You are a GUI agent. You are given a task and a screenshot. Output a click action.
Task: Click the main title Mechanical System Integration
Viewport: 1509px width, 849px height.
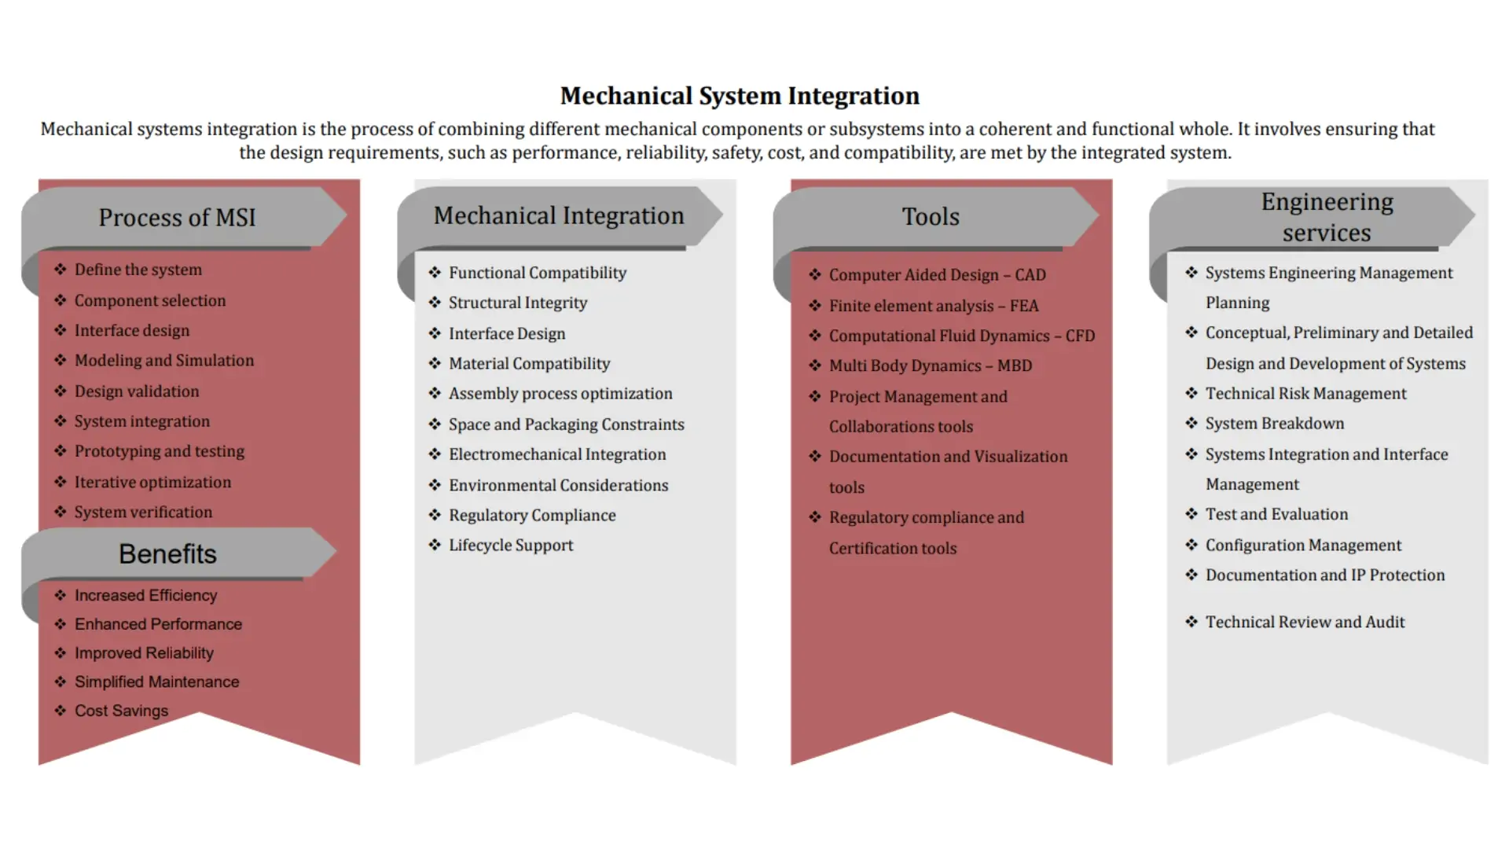(739, 96)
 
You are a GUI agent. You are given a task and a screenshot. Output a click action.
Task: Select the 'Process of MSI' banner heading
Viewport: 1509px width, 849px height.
(177, 218)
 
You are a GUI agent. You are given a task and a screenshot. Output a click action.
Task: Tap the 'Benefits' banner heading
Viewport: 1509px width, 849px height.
(167, 554)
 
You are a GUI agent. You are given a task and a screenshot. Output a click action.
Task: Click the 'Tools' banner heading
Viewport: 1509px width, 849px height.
(931, 217)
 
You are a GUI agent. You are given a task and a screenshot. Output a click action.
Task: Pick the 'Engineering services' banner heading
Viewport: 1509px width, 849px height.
(1327, 217)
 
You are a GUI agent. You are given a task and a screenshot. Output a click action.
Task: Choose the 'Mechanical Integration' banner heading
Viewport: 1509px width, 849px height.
(559, 216)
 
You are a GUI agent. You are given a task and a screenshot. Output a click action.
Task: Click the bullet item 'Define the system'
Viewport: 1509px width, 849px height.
(138, 270)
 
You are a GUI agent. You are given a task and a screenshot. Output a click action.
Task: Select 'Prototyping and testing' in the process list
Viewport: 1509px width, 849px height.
(159, 451)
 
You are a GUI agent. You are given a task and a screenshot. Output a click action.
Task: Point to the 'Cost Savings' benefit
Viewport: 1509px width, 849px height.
(121, 711)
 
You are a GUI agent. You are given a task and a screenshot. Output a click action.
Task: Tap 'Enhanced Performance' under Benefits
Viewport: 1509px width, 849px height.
(158, 624)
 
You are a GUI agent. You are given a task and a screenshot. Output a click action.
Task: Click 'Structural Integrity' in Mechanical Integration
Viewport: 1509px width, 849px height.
(517, 303)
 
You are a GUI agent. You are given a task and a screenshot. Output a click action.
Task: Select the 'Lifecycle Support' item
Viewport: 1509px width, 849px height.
(511, 546)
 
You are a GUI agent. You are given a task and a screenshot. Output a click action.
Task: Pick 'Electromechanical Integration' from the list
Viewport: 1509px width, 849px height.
(556, 454)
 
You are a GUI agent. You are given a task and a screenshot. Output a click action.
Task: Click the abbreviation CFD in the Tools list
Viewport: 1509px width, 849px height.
(1080, 336)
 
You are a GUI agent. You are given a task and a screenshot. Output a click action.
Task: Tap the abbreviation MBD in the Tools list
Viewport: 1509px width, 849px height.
(1015, 366)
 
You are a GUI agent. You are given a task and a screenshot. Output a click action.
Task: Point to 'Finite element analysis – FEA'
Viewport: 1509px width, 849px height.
(933, 306)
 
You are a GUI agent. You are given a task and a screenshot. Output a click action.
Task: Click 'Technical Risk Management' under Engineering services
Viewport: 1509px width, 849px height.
(1305, 394)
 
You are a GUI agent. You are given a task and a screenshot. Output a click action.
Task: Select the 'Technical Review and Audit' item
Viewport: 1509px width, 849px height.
(1305, 623)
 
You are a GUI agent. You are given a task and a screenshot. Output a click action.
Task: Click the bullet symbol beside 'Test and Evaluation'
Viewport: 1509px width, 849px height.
(1191, 514)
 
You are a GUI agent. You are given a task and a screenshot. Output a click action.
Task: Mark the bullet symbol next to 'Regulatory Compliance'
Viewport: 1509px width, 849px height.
(435, 515)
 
